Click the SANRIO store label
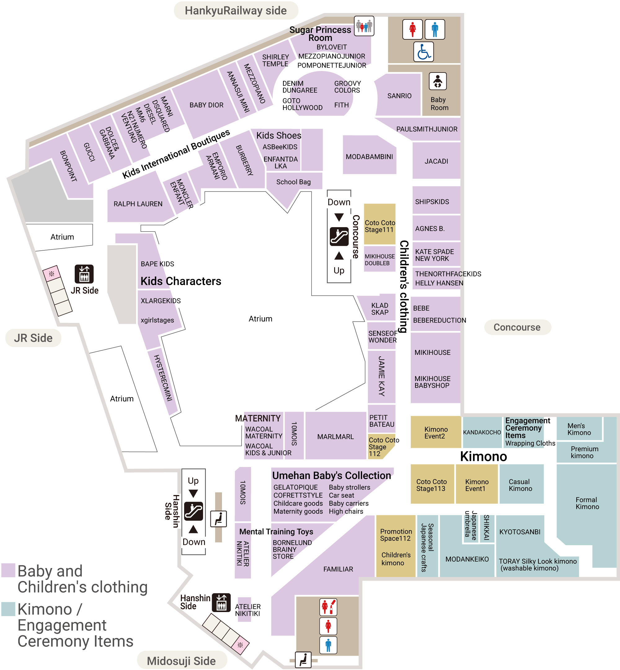(399, 96)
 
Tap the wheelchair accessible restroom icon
(423, 52)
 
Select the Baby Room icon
(437, 81)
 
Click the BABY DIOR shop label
(206, 105)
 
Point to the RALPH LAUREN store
(138, 204)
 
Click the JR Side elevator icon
(84, 274)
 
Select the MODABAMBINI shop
(370, 156)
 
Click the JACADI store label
(436, 161)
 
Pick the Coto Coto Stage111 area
(380, 224)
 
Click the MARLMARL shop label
(335, 437)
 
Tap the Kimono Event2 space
(436, 432)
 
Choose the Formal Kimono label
(587, 503)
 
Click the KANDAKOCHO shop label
(482, 432)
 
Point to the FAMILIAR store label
(338, 569)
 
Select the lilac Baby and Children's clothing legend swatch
(8, 570)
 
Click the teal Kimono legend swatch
(8, 609)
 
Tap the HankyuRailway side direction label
(236, 11)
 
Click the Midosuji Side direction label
(181, 661)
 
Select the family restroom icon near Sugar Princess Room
(364, 26)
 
